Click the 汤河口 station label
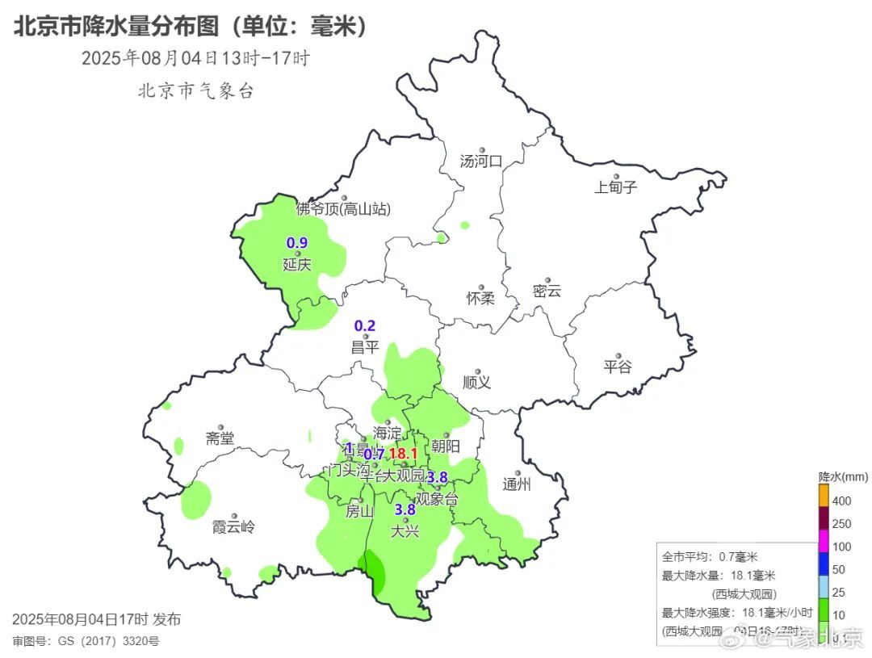(x=480, y=161)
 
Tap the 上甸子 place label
(x=615, y=187)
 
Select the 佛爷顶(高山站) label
(x=343, y=209)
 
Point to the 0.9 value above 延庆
(x=297, y=242)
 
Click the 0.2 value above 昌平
(x=365, y=326)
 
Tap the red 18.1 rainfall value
(x=403, y=455)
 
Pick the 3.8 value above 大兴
(x=405, y=509)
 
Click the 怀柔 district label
(x=480, y=298)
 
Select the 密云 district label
(x=547, y=291)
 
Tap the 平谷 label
(x=618, y=367)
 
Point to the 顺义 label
(x=476, y=382)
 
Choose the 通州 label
(x=517, y=484)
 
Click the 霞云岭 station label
(x=233, y=527)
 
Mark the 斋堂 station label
(x=220, y=438)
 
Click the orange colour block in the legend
(x=824, y=495)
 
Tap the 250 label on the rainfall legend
(x=841, y=524)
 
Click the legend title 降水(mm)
(x=842, y=476)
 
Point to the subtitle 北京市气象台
(x=196, y=90)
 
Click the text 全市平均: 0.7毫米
(x=710, y=557)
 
